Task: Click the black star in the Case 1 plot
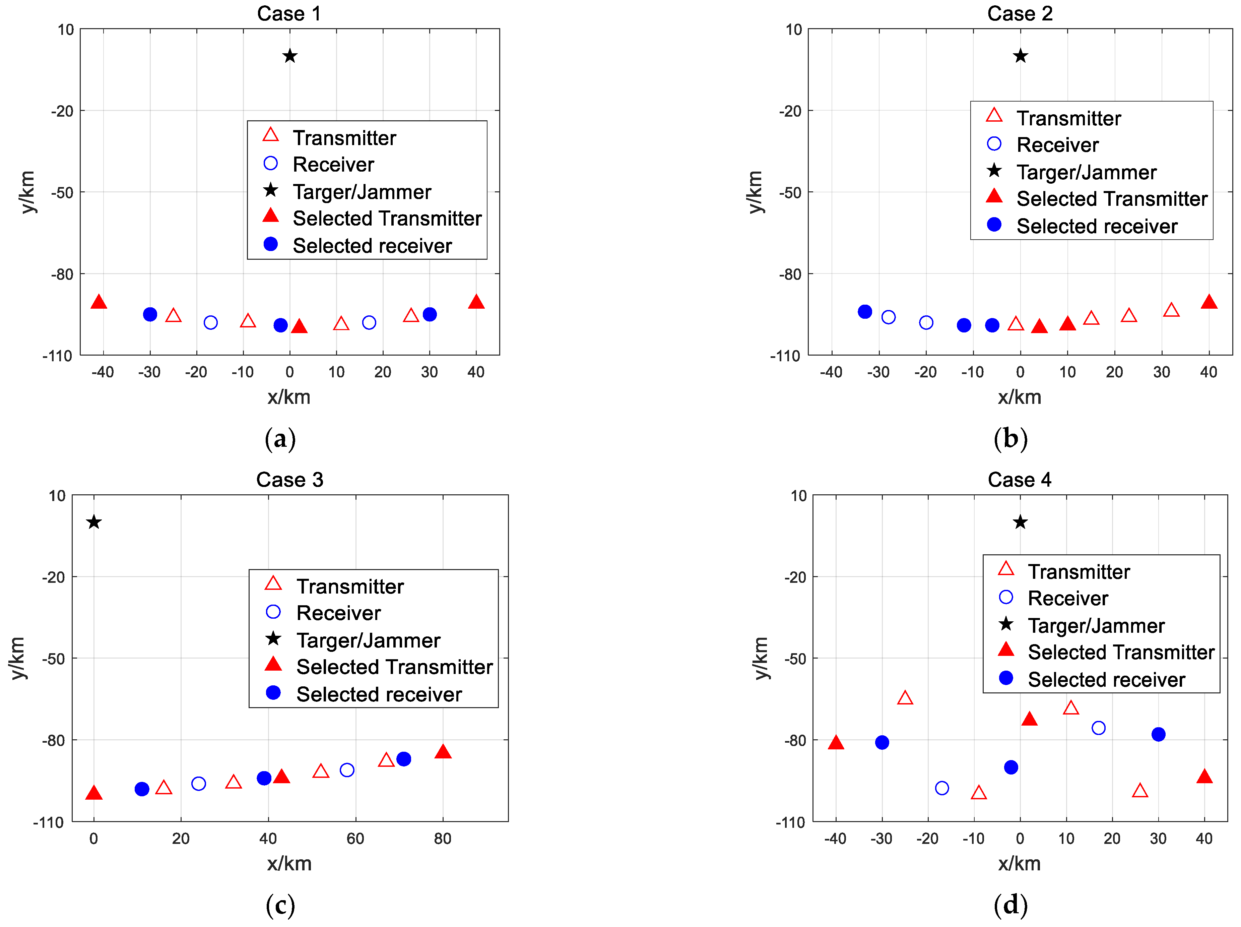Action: [289, 56]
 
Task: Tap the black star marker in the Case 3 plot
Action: [94, 522]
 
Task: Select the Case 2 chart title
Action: [1020, 13]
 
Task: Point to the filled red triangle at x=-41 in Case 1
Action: [99, 302]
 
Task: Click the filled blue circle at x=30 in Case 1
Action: [430, 314]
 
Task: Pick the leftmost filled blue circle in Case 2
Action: [865, 311]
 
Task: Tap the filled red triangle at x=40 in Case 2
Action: [1209, 302]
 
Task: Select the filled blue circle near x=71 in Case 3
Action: [403, 759]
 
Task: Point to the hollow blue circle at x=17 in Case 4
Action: [1099, 728]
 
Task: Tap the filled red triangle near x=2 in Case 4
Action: [1029, 719]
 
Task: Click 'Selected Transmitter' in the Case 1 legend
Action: [387, 218]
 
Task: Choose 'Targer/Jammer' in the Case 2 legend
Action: [1086, 172]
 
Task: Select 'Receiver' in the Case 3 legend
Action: [338, 613]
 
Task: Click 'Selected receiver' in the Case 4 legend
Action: [1106, 680]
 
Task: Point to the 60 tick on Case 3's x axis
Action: [355, 838]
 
